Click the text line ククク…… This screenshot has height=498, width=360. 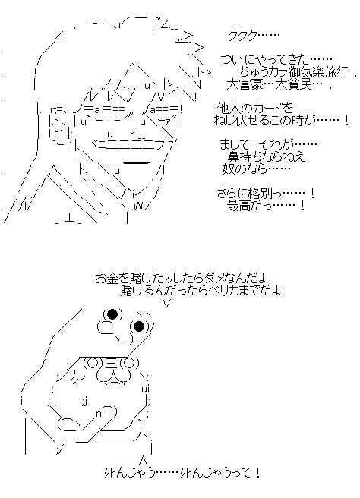254,36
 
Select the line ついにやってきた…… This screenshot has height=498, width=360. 276,60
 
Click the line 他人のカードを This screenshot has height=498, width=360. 254,109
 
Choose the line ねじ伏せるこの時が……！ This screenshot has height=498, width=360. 282,121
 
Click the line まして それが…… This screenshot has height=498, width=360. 269,145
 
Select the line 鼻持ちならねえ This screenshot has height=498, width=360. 267,157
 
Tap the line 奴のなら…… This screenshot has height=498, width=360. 257,169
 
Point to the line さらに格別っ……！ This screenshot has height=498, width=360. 266,194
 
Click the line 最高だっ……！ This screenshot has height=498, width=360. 266,206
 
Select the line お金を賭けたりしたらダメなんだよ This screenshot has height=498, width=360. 181,279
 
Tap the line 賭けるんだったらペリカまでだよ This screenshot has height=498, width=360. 201,291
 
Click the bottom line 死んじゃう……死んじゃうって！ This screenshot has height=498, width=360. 182,473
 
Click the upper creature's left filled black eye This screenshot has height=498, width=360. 112,314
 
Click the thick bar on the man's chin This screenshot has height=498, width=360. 136,163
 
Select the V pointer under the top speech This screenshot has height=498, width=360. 167,304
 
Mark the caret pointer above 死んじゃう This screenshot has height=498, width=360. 144,459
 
